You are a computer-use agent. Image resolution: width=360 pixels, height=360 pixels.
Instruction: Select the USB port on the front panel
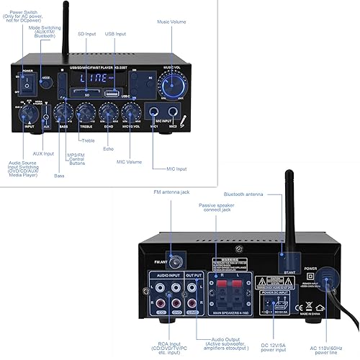point(112,92)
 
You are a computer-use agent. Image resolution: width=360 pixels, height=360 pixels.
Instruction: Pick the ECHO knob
point(109,112)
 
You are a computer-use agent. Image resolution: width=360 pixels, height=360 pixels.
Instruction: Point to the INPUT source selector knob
point(28,112)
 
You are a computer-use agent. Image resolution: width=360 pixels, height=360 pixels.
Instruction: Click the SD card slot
point(86,92)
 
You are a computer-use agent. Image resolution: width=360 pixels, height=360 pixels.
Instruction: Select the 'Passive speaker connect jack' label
point(220,209)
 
